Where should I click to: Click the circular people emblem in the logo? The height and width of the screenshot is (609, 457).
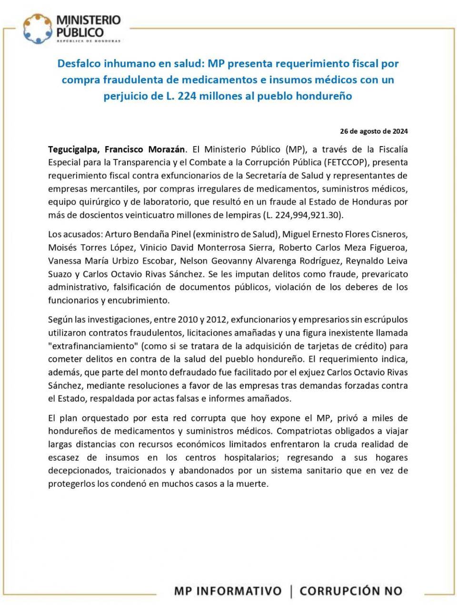[38, 28]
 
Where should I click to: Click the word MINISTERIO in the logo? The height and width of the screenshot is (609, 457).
[89, 20]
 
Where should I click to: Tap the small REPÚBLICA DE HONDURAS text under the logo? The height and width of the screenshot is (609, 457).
[89, 41]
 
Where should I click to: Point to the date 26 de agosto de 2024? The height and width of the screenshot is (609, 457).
[374, 131]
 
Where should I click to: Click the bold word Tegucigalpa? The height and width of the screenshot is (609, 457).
[73, 149]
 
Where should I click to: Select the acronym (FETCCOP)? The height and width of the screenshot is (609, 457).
[346, 162]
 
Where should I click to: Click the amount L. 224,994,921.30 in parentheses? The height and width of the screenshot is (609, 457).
[303, 215]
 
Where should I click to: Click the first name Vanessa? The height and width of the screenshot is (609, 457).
[65, 261]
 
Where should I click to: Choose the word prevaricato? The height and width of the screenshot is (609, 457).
[385, 274]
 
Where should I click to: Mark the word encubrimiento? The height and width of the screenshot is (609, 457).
[141, 300]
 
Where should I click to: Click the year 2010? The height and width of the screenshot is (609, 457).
[188, 319]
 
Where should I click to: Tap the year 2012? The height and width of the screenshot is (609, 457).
[216, 319]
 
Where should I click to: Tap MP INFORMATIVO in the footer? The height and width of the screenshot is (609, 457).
[228, 591]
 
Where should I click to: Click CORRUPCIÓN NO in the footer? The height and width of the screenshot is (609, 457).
[351, 591]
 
